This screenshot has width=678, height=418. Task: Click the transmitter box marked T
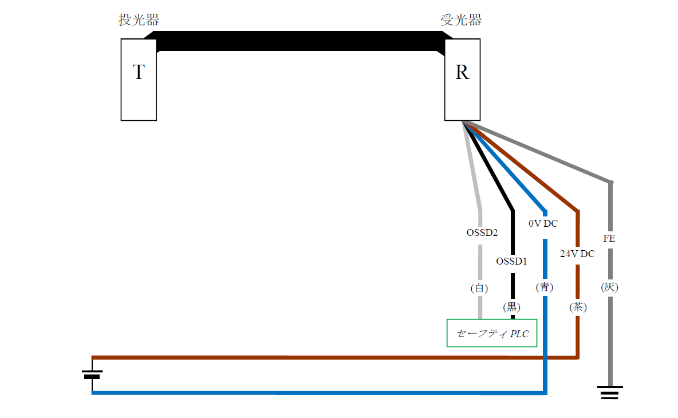[139, 80]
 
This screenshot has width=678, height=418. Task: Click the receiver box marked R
[462, 80]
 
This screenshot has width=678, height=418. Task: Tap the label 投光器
[139, 21]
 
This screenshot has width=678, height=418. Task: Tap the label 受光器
[461, 21]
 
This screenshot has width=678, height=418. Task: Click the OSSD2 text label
[481, 233]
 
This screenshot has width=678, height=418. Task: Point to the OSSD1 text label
[511, 261]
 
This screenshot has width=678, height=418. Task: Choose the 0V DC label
[543, 223]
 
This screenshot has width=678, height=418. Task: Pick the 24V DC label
[577, 254]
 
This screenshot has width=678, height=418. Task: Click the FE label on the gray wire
[609, 238]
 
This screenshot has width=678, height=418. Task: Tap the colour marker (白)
[479, 289]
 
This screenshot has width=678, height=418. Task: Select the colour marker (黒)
[512, 307]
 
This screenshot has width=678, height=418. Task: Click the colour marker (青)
[545, 287]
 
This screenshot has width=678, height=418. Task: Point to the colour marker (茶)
[578, 307]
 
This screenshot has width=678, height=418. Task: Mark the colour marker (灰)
[610, 287]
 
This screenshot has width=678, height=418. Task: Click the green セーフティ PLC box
[492, 333]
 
